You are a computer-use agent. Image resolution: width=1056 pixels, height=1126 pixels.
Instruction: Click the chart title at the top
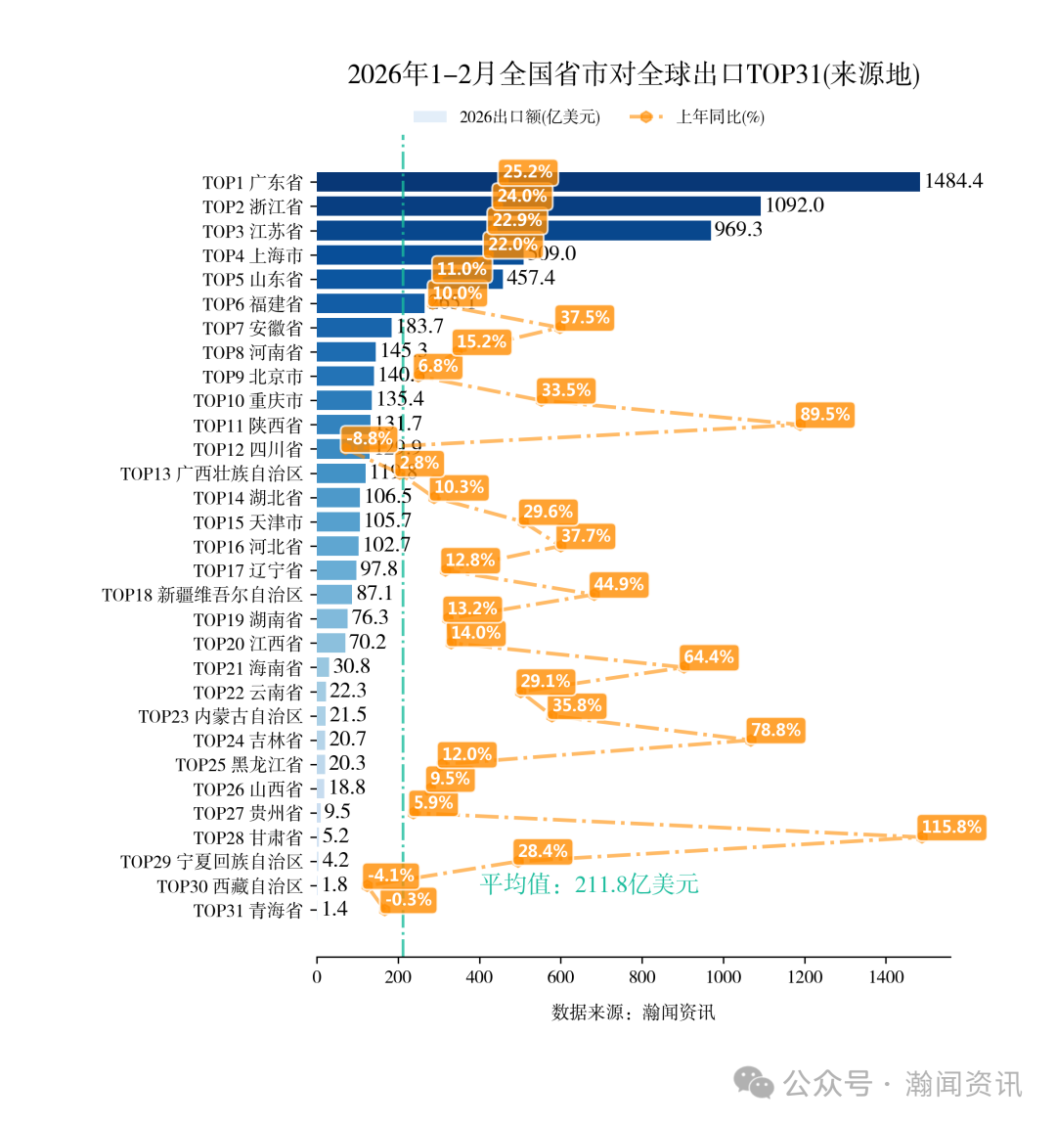(634, 74)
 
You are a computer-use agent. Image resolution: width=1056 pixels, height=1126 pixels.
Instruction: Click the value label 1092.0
(794, 205)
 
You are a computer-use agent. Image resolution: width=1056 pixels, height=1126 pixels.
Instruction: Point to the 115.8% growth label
(950, 827)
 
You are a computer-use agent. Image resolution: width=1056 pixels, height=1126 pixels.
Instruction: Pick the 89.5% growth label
(824, 414)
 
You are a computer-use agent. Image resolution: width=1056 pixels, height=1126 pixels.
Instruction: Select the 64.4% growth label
(708, 656)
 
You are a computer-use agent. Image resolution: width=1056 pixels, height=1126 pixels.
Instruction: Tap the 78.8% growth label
(774, 730)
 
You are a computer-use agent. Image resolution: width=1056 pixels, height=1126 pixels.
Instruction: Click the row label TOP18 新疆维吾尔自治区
(202, 595)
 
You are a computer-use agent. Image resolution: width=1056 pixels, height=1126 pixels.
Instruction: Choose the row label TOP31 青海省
(247, 911)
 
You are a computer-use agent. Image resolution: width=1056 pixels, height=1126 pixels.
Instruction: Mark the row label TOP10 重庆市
(247, 401)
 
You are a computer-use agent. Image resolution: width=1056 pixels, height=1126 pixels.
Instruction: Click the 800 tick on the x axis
(641, 977)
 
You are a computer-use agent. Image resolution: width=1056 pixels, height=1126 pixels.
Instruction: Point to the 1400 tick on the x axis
(886, 977)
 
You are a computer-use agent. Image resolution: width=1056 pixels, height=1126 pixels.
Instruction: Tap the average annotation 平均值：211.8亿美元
(589, 884)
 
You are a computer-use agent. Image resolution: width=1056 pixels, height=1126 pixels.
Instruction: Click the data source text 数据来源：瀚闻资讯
(633, 1013)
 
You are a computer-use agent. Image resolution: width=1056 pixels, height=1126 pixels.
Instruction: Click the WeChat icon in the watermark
(754, 1083)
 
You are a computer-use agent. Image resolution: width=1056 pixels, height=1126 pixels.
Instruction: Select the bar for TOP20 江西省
(330, 643)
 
